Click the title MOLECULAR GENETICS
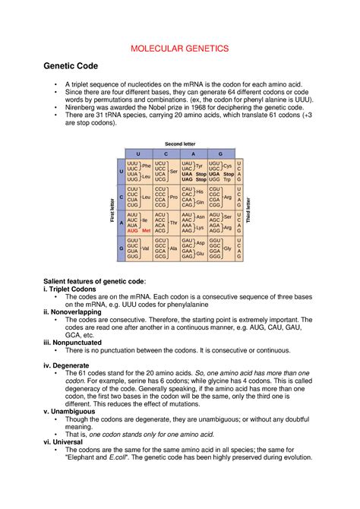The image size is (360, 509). pos(180,48)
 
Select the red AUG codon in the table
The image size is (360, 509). pos(132,230)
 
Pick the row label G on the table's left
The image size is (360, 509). pos(120,248)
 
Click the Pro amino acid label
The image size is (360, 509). pos(173,198)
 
